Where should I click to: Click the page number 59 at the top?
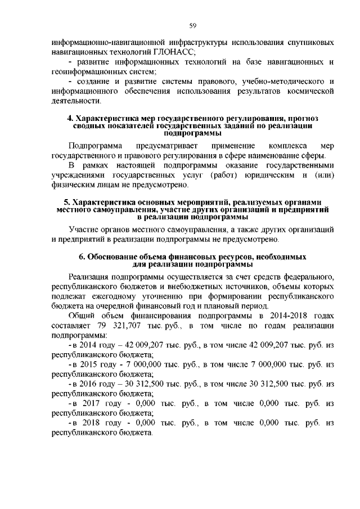click(192, 25)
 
